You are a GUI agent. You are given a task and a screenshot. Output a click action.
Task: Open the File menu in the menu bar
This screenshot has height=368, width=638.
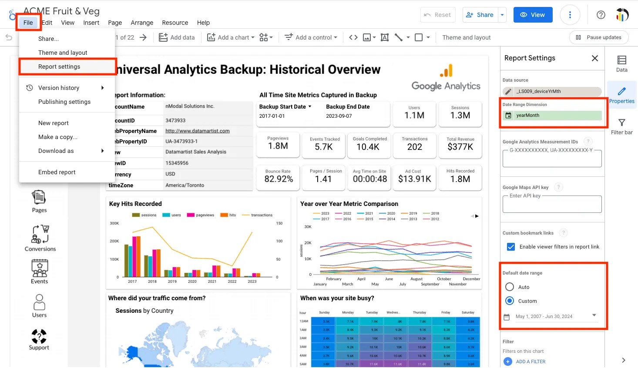(28, 23)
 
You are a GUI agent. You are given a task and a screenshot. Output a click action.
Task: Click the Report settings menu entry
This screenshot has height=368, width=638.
(59, 66)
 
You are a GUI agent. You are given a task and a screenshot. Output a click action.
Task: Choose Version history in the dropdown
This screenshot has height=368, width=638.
(59, 88)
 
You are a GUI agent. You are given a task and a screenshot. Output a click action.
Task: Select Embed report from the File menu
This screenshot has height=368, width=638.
(57, 172)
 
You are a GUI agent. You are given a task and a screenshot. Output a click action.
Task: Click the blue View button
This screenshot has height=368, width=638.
(533, 15)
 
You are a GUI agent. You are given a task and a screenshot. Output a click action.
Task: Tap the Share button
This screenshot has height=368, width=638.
(480, 15)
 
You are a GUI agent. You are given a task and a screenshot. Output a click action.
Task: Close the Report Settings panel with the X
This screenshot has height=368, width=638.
(594, 58)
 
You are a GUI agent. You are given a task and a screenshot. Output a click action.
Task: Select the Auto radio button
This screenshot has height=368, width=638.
(510, 287)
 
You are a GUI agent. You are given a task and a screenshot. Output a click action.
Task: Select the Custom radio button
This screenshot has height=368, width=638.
(510, 301)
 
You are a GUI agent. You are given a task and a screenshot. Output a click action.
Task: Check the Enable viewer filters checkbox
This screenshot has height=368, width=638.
(511, 247)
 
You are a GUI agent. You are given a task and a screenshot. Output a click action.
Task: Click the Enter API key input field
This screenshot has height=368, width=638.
(552, 204)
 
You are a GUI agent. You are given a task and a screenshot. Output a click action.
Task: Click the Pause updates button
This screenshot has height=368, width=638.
(598, 37)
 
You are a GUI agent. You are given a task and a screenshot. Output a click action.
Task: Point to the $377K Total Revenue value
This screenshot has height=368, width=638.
(460, 147)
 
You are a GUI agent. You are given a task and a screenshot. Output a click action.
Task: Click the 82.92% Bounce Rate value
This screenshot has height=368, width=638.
(279, 179)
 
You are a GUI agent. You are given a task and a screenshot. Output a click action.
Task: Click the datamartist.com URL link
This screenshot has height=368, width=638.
(197, 131)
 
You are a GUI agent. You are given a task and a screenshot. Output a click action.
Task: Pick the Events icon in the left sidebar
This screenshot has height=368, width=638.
(39, 271)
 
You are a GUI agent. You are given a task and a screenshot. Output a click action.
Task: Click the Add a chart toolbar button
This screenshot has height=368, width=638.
(231, 37)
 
